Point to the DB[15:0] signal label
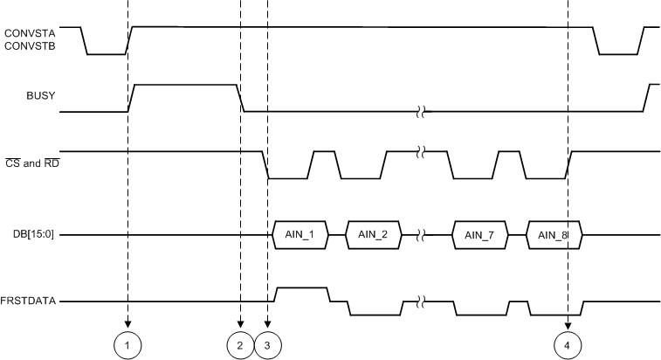pos(31,235)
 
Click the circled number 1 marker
pos(127,346)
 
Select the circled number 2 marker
pos(240,346)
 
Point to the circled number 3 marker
pos(268,346)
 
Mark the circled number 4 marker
pos(568,346)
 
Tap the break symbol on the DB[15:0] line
pos(423,235)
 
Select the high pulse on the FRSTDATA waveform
pos(301,287)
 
